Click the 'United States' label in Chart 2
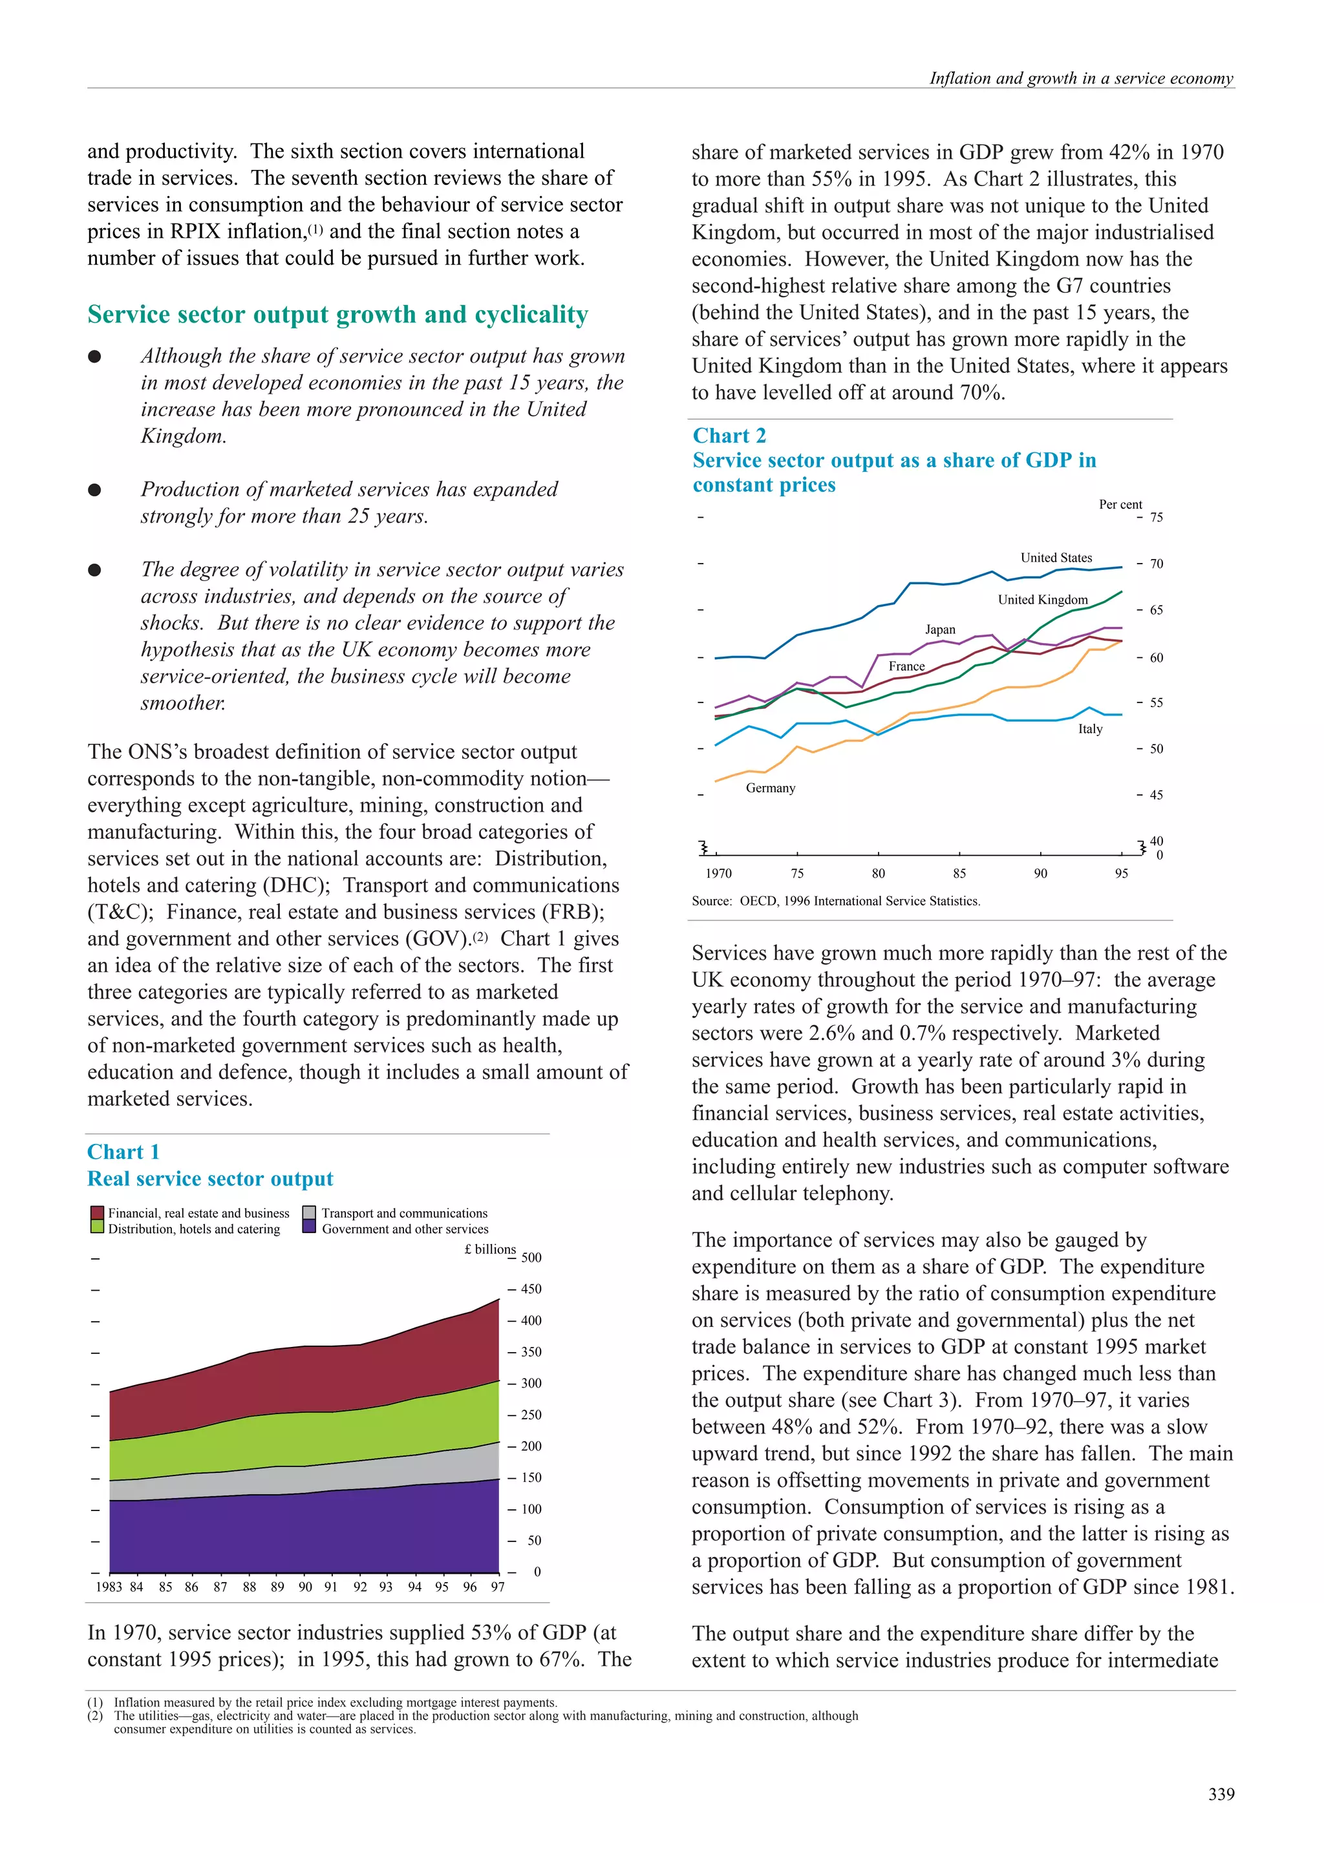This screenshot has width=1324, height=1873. click(1056, 558)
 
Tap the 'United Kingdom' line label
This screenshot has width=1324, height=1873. click(1043, 600)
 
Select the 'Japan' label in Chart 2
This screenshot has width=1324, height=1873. click(940, 630)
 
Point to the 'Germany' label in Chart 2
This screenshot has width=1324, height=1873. click(770, 788)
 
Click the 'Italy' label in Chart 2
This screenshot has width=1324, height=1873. click(1090, 729)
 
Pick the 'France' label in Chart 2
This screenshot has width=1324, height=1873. click(906, 666)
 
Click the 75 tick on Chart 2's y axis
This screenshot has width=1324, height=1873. click(1156, 517)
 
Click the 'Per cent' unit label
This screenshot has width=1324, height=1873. click(1120, 504)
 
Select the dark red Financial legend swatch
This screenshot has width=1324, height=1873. click(97, 1213)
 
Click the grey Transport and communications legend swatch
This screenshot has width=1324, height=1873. click(309, 1213)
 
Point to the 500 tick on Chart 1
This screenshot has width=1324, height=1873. click(531, 1258)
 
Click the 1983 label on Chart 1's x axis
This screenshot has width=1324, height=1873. click(109, 1587)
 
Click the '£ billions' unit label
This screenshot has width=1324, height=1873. click(489, 1249)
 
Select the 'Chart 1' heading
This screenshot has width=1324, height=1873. click(123, 1152)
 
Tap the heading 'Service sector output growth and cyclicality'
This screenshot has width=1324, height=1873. click(337, 315)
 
